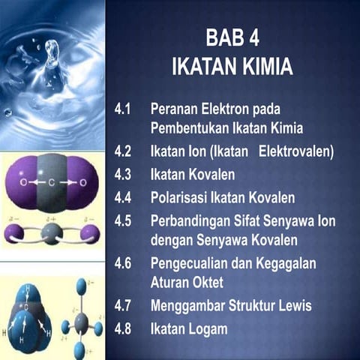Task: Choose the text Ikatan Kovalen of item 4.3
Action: click(x=192, y=175)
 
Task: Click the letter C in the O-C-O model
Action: click(x=50, y=182)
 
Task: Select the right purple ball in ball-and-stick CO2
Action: click(x=90, y=232)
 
